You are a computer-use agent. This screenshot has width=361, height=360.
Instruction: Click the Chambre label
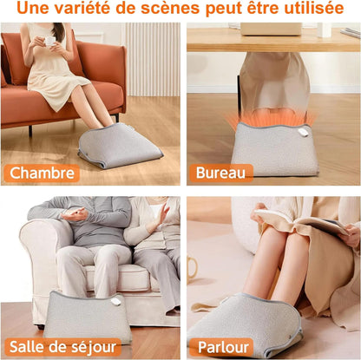coord(42,173)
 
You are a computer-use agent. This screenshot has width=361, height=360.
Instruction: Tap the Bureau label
coord(221,173)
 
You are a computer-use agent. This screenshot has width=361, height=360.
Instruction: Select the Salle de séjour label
coord(62,347)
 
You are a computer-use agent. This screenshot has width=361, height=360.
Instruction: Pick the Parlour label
coord(223,347)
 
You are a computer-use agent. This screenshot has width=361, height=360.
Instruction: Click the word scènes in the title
coord(170,8)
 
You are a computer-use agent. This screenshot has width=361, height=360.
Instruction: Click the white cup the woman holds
coord(49,41)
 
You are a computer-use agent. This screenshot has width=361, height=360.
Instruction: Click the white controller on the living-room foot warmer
coord(115,302)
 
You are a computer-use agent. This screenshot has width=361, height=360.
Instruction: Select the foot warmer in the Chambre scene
coord(119,146)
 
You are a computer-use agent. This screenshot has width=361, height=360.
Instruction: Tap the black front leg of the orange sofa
coord(30,131)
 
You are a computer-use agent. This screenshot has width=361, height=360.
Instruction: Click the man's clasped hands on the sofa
coord(75,214)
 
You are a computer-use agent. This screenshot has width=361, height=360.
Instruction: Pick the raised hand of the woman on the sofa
coord(161,214)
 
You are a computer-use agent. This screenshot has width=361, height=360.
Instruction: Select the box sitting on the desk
coord(271,29)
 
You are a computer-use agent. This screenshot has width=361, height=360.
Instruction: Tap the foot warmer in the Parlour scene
coord(245,323)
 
